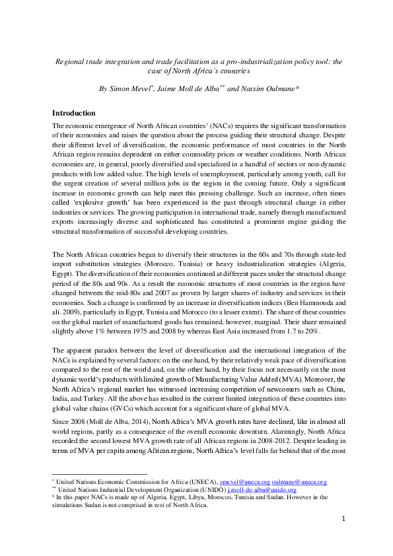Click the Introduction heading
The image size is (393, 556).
tap(74, 113)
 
